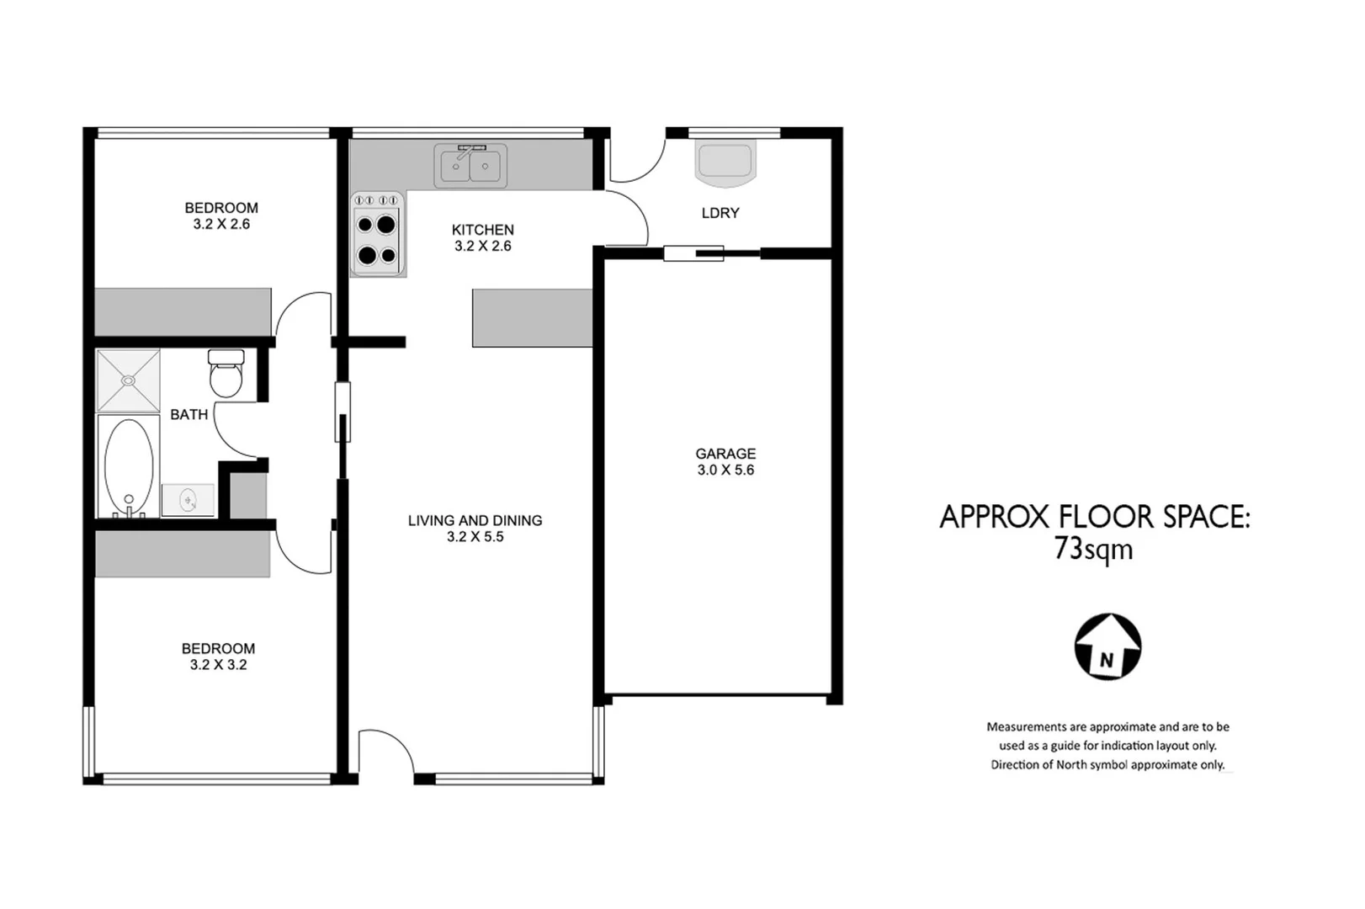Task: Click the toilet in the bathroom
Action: pos(226,374)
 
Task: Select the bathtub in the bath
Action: pos(129,465)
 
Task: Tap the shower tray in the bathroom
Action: pos(128,380)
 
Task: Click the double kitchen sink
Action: pos(470,166)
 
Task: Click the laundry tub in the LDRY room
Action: pos(725,162)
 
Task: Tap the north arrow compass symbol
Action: pos(1107,647)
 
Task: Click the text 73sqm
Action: pos(1093,550)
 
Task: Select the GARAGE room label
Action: pos(725,454)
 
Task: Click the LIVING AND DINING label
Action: pos(475,520)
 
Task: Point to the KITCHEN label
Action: pos(482,230)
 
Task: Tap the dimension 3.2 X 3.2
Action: pos(218,665)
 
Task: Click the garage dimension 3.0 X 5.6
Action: pos(725,470)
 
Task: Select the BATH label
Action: pos(189,414)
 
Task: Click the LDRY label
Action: pos(720,213)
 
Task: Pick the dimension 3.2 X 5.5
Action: pos(475,537)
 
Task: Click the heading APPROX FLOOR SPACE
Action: pos(1094,517)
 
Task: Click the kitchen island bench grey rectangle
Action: pos(532,318)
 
